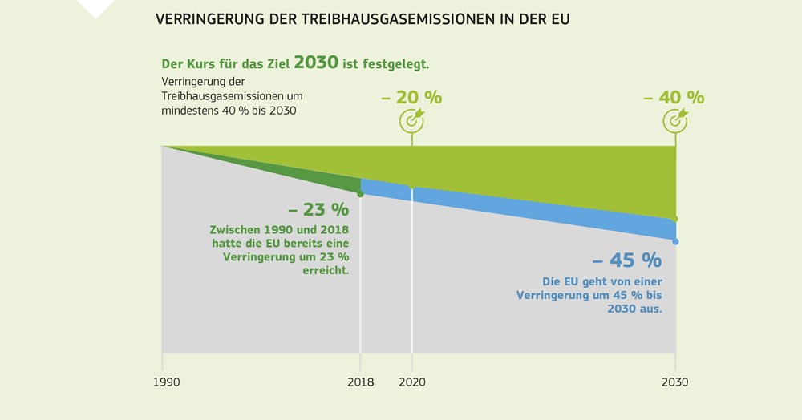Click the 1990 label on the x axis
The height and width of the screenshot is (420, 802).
[x=166, y=382]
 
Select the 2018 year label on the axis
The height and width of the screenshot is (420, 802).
[x=360, y=382]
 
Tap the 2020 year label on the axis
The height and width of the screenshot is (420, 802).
[x=412, y=382]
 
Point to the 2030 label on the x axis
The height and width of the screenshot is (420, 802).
[x=674, y=382]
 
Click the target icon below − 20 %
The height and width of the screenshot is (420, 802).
[x=412, y=120]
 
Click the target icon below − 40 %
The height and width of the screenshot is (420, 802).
[x=674, y=120]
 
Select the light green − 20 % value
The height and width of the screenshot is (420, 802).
[x=411, y=98]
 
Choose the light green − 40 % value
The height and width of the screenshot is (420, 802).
[x=674, y=98]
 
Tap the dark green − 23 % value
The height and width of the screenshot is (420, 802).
[x=318, y=210]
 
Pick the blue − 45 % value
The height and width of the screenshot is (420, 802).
[x=627, y=260]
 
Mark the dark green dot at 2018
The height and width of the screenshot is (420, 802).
[x=360, y=194]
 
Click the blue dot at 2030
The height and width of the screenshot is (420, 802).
[x=675, y=241]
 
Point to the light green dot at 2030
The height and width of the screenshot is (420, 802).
[x=675, y=219]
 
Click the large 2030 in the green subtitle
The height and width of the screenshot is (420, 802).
[x=315, y=63]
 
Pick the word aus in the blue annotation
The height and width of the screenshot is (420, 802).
[x=650, y=309]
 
